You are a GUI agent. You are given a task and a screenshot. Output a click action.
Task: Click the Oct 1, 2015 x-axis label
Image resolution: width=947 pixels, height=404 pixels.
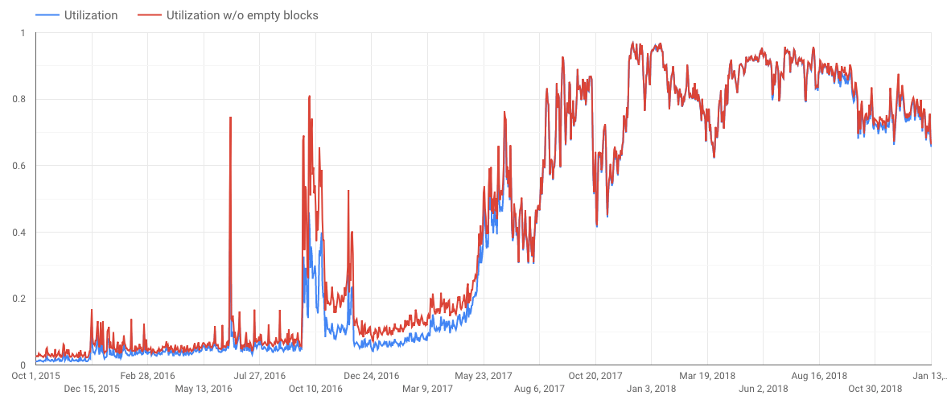pos(35,375)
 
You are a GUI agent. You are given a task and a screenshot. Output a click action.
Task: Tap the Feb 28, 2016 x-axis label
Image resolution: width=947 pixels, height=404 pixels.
pos(147,375)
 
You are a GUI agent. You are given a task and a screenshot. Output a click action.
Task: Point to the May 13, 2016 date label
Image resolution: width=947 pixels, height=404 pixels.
pos(203,389)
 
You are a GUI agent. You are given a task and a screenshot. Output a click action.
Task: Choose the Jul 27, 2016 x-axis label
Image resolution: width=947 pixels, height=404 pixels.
pos(259,375)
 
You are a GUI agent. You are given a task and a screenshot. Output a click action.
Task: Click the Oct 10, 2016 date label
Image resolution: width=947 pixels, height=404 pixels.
pos(315,389)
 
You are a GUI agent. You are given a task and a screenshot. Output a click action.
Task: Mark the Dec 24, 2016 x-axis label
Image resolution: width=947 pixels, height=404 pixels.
pos(371,375)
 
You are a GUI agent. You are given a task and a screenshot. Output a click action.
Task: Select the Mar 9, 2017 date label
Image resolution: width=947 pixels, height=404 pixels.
pos(427,389)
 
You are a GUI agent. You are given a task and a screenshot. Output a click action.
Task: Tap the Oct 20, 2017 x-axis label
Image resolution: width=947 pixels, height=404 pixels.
pos(595,375)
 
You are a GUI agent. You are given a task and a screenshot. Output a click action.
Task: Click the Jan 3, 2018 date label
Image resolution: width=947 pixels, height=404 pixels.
pos(652,389)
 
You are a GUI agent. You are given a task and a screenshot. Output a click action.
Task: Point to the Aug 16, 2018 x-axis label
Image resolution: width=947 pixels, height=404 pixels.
pos(820,375)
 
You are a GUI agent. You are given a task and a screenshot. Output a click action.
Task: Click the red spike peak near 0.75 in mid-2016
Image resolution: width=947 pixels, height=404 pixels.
pos(231,117)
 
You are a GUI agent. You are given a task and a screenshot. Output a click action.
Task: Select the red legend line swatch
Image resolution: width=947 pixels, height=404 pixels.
pos(149,15)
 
